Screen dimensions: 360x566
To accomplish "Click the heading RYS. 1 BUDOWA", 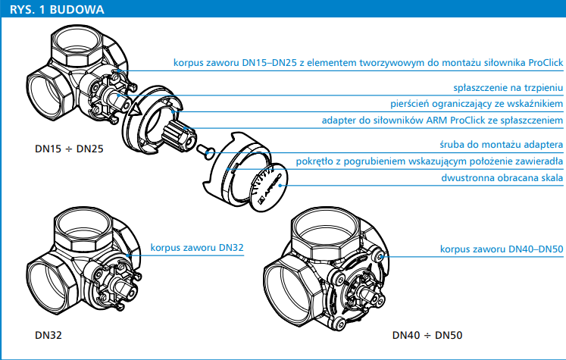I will click(x=58, y=9).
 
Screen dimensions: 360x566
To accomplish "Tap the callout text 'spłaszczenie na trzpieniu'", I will click(x=508, y=87).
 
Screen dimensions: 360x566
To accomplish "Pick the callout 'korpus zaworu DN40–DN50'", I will click(x=502, y=248).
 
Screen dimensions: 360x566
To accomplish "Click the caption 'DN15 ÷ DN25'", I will click(x=54, y=150).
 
